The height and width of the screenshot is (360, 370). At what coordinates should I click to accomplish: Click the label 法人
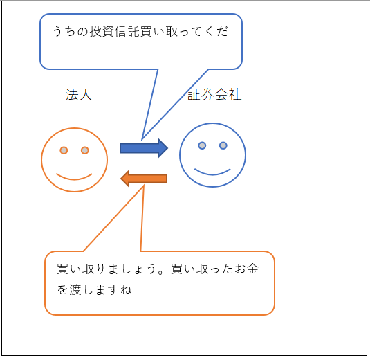[79, 95]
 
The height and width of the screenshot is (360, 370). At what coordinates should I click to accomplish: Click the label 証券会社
[214, 94]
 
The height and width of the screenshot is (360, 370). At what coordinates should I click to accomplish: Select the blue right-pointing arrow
[144, 148]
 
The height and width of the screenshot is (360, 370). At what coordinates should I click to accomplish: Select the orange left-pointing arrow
[144, 179]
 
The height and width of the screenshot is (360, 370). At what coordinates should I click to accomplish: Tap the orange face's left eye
[64, 150]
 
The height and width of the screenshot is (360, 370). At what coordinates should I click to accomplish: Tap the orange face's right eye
[85, 150]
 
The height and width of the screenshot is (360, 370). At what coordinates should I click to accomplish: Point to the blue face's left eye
[202, 145]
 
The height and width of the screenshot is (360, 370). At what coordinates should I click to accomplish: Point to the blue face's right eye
[223, 145]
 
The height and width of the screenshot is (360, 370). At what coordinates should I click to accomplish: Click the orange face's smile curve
[74, 179]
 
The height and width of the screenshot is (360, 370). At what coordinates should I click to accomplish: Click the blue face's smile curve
[212, 174]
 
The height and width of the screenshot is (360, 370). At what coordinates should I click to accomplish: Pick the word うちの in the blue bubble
[71, 31]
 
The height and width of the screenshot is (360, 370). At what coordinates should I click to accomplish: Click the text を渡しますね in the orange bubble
[94, 289]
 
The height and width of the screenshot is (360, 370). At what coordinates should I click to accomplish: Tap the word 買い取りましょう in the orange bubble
[107, 269]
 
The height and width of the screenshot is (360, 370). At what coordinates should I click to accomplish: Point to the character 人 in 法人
[86, 95]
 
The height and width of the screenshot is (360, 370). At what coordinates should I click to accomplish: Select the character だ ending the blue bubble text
[222, 31]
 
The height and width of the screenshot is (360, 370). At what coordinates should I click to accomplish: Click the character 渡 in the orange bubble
[75, 289]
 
